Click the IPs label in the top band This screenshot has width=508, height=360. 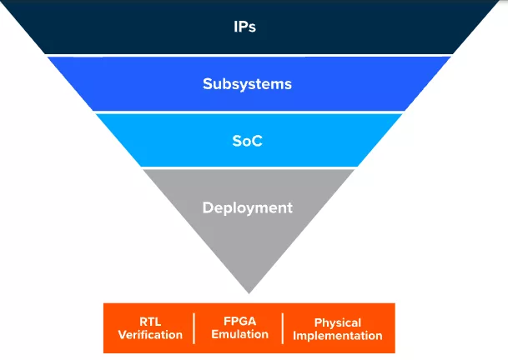pos(244,26)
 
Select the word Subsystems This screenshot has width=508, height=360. pos(247,84)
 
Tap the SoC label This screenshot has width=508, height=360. pos(247,141)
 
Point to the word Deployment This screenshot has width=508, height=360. pos(248,207)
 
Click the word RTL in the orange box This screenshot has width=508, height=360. pos(150,322)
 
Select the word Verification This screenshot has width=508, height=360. pos(150,335)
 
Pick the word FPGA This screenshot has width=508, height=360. pos(240,321)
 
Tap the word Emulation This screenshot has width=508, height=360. pos(240,334)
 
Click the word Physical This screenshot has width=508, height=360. pos(338,322)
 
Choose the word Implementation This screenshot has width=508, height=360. pos(338,336)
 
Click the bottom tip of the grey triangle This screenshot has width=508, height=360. pos(249,292)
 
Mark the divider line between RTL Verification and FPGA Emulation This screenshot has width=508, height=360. pos(194,328)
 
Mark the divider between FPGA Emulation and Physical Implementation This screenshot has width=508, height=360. pos(283,328)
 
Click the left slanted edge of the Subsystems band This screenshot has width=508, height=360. pos(71,84)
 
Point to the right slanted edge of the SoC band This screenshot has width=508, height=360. pos(380,140)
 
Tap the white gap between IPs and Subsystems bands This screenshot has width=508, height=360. pos(247,55)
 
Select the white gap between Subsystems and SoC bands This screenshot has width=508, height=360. pos(247,112)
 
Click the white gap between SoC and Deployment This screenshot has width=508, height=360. pos(247,167)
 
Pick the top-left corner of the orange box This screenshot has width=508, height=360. pos(104,304)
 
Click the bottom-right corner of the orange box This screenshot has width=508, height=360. pos(394,352)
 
